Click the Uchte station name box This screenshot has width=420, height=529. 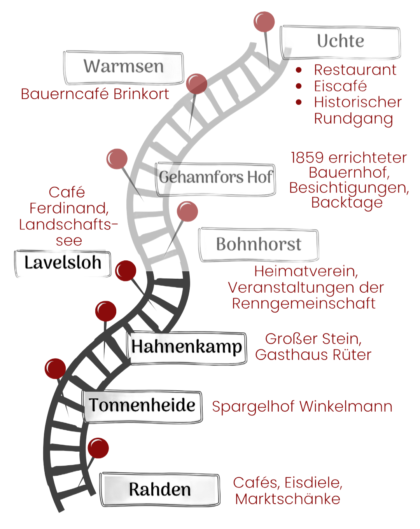point(341,41)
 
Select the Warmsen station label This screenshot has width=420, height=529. point(124,67)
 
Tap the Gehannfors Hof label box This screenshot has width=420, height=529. point(215,178)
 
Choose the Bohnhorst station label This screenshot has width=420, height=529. point(259,244)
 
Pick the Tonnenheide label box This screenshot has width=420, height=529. point(143,406)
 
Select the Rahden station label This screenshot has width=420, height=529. point(160,489)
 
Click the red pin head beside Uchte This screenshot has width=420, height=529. point(264,22)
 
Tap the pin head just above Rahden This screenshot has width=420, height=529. point(98,448)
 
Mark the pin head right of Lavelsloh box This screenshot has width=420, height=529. point(126,271)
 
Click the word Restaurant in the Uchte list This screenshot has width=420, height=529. point(355,70)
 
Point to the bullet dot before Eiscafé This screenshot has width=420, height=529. point(299,86)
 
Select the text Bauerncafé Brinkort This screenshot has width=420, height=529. point(95,94)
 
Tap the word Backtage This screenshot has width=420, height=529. point(347,203)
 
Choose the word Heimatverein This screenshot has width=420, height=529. point(306,272)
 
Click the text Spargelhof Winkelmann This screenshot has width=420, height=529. point(302,407)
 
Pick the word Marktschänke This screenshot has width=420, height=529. point(288,499)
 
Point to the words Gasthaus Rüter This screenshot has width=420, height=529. point(313,355)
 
